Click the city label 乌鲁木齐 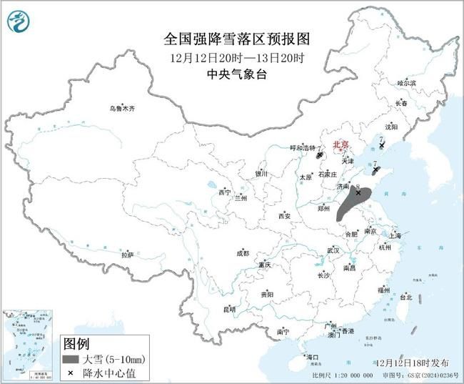(x=122, y=109)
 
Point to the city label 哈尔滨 (x=406, y=84)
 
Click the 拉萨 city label (x=127, y=255)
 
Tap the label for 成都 (x=243, y=253)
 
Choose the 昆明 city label (x=229, y=309)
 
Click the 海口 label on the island (x=311, y=356)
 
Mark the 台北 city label (x=405, y=296)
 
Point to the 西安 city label (x=285, y=215)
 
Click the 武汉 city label (x=333, y=250)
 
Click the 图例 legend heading (x=77, y=343)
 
